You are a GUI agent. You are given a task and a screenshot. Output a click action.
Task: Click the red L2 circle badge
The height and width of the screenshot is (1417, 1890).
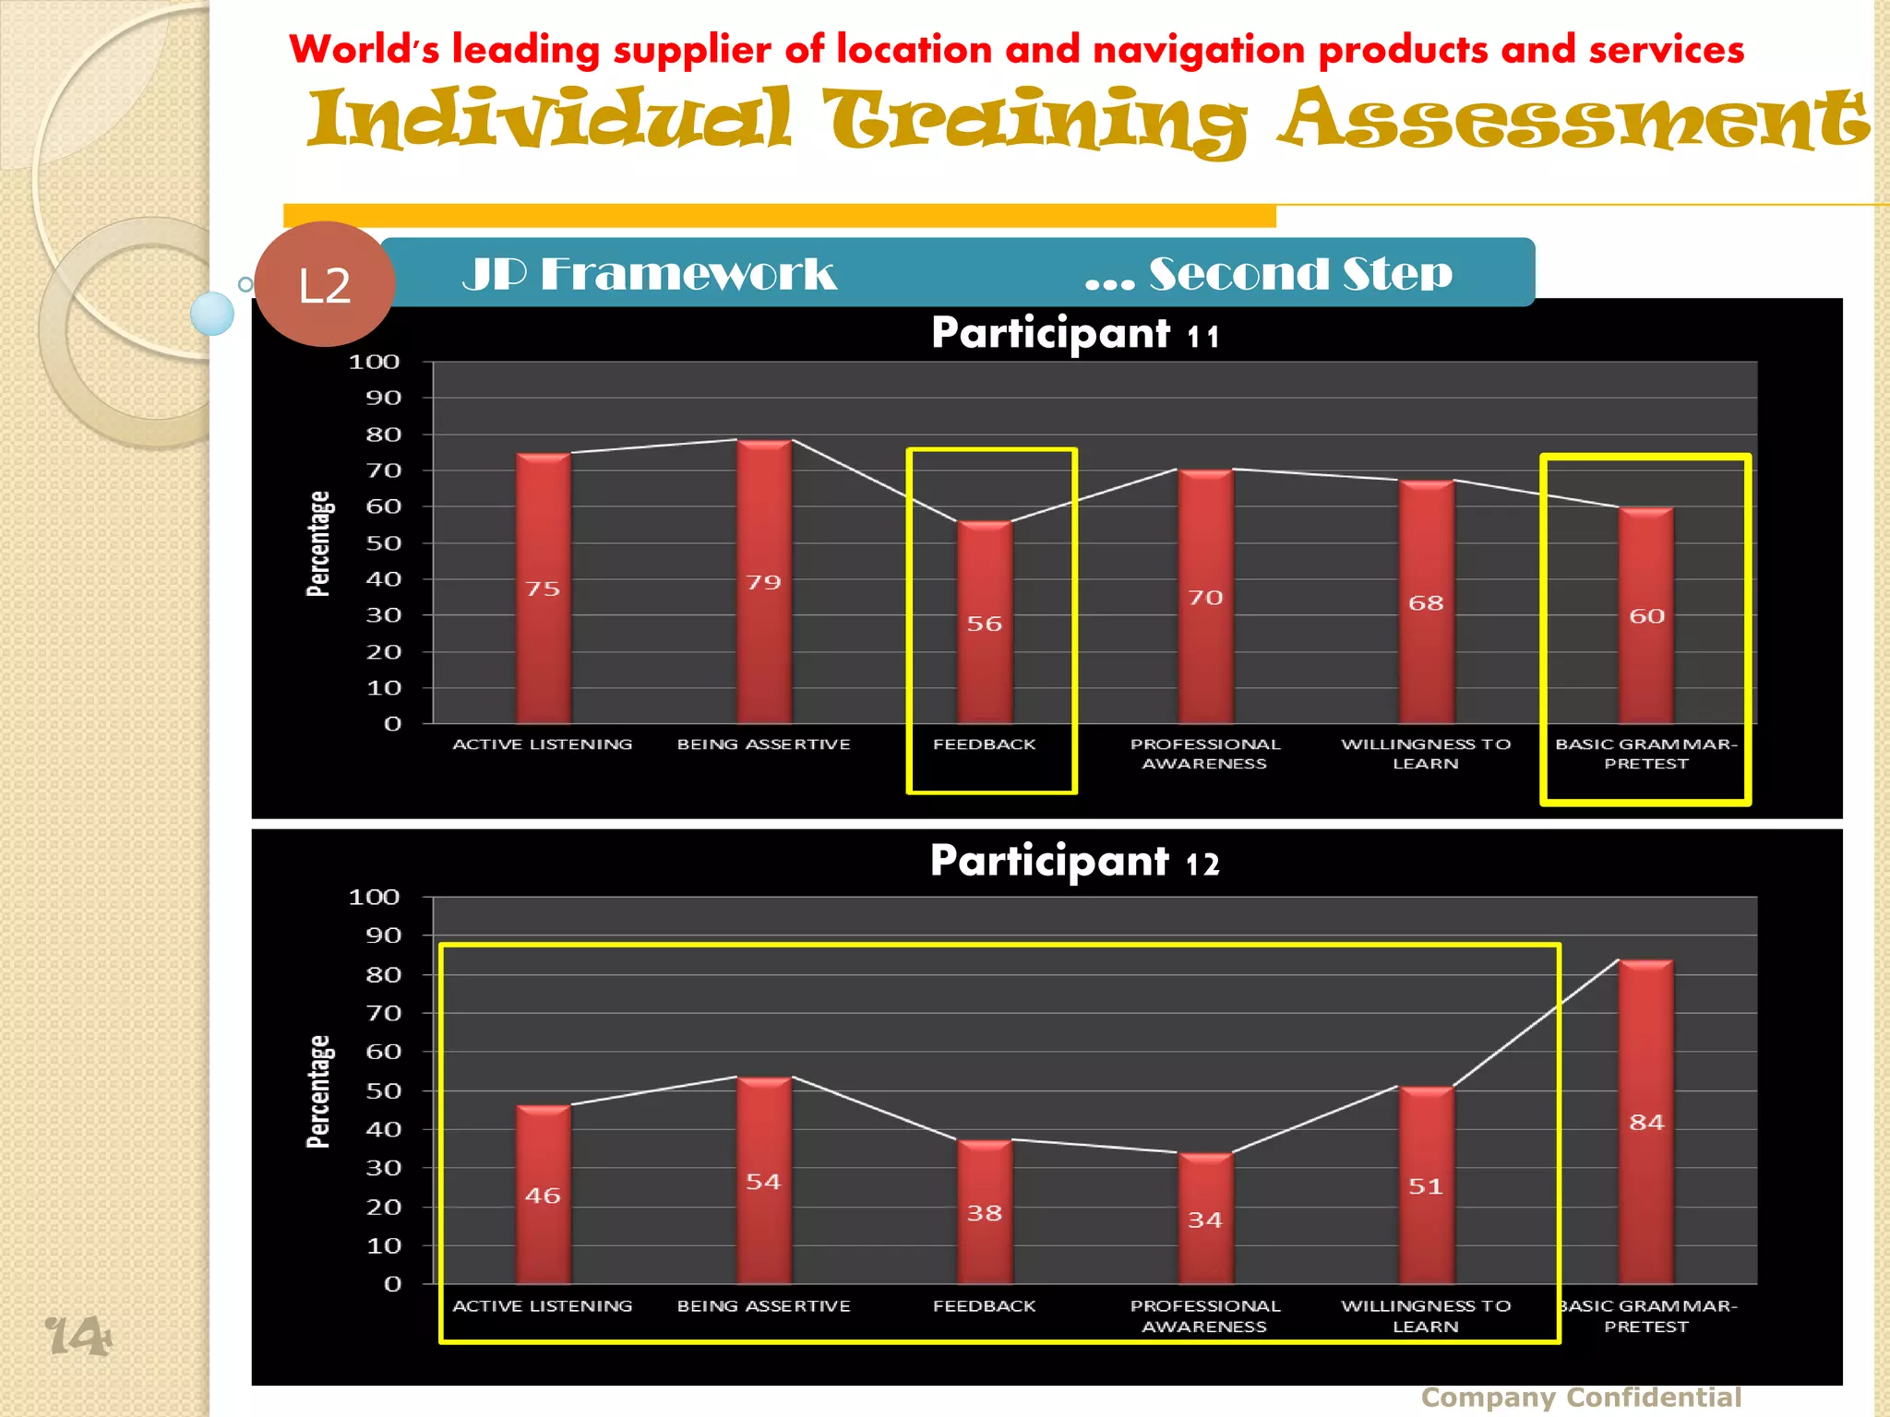[x=324, y=284]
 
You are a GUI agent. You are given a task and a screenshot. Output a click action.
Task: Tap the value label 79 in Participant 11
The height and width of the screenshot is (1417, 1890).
[x=763, y=582]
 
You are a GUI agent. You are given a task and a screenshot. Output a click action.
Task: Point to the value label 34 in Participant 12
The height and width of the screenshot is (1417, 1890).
[x=1204, y=1220]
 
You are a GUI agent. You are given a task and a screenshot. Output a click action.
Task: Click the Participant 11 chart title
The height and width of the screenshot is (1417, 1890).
[x=1074, y=333]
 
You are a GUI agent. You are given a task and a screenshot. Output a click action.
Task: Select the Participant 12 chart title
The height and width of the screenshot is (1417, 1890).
[x=1074, y=862]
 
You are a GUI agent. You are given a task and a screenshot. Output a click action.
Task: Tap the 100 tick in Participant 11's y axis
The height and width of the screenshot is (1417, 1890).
[x=374, y=362]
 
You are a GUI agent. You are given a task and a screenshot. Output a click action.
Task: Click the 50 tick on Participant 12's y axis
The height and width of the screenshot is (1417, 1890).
[x=382, y=1090]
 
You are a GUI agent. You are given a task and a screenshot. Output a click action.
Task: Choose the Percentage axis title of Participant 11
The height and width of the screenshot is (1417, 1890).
[x=318, y=543]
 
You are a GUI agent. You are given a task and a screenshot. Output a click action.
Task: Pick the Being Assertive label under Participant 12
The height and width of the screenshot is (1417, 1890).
[x=763, y=1305]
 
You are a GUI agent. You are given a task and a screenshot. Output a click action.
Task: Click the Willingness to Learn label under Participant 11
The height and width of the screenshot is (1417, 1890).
[x=1425, y=753]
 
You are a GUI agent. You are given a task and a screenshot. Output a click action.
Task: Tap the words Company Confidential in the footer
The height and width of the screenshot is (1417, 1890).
[x=1580, y=1397]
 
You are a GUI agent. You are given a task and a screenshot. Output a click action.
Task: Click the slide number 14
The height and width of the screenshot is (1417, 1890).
[x=78, y=1335]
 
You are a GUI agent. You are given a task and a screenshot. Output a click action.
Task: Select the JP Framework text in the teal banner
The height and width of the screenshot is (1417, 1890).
[x=649, y=274]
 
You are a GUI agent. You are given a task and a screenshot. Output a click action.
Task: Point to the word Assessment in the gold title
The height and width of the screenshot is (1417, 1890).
[x=1573, y=119]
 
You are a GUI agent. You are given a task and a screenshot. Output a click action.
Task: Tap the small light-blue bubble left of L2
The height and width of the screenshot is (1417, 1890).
[x=212, y=314]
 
